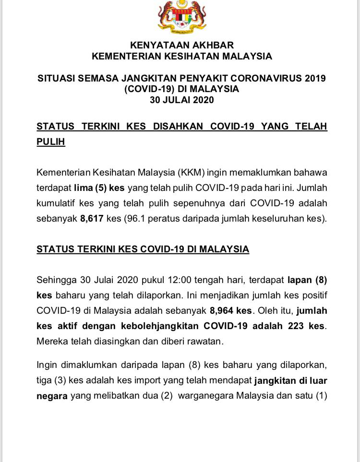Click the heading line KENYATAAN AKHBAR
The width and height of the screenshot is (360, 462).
click(x=181, y=46)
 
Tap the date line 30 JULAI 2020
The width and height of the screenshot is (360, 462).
click(x=181, y=100)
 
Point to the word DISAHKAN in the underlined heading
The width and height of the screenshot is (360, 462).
click(x=180, y=126)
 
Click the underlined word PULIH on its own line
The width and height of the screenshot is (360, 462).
click(x=51, y=142)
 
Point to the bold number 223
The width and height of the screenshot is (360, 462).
click(x=297, y=326)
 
